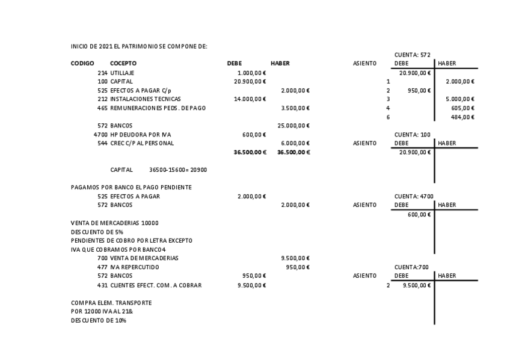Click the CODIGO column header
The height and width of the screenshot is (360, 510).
(82, 63)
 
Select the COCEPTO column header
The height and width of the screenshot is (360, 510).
(123, 63)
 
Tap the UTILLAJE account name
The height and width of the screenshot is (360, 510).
(122, 73)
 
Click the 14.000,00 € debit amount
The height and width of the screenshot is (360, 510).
(250, 99)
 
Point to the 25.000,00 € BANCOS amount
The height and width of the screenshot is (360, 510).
(293, 126)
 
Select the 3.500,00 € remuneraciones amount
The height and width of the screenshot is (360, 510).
(295, 108)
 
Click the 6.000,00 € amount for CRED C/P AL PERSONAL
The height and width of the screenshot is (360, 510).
(295, 143)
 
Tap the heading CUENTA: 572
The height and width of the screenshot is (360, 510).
(412, 55)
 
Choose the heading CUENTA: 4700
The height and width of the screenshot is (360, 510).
(413, 196)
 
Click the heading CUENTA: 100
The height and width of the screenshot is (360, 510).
(412, 135)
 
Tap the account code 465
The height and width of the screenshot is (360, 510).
(102, 108)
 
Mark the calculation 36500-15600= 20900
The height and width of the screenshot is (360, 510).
(178, 170)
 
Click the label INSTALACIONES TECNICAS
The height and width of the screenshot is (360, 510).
(146, 99)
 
